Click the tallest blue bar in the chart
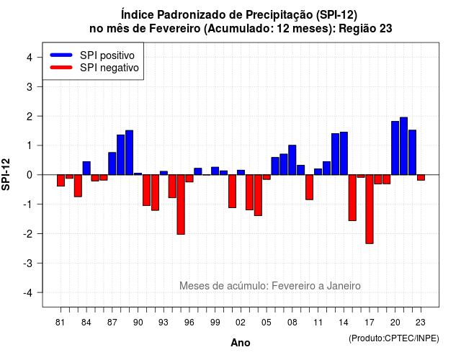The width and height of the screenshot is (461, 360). click(x=403, y=146)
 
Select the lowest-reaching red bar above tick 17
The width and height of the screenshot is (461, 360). click(x=370, y=210)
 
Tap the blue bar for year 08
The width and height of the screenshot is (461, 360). click(x=292, y=160)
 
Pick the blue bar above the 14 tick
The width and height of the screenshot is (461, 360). click(x=344, y=153)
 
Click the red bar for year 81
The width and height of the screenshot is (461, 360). click(x=61, y=181)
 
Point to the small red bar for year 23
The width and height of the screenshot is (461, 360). click(x=421, y=178)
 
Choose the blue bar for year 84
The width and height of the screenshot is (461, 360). click(x=86, y=168)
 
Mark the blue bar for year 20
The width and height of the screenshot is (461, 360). click(x=395, y=148)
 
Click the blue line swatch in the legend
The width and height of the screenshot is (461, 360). click(x=61, y=55)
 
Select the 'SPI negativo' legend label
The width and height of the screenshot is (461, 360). click(x=109, y=68)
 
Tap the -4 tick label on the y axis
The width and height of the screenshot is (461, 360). click(x=28, y=293)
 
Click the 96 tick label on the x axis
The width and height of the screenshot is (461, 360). click(x=189, y=323)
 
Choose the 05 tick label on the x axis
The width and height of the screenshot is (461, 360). click(x=267, y=323)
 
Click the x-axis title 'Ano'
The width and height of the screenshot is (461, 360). click(x=241, y=343)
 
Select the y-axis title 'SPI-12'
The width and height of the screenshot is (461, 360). click(x=6, y=174)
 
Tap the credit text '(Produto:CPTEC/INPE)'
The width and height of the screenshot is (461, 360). click(x=394, y=338)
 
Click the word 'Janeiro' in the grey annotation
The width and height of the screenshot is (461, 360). click(x=344, y=286)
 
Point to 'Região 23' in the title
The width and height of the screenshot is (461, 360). click(x=365, y=29)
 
